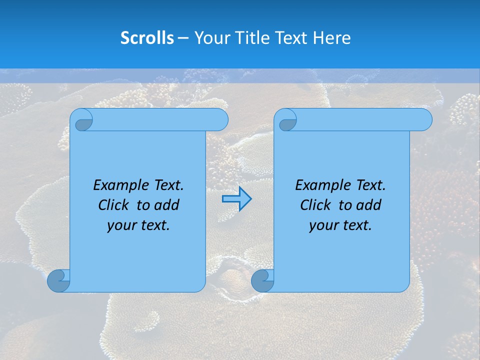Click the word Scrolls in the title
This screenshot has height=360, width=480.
[x=147, y=38]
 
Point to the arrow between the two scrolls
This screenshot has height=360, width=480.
[x=236, y=199]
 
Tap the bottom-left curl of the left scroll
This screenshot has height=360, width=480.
[x=59, y=280]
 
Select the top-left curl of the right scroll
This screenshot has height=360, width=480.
[x=287, y=120]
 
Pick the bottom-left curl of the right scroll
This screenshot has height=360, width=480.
[x=262, y=280]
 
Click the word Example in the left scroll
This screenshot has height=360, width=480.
[x=118, y=185]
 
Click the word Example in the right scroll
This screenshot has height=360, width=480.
[x=320, y=185]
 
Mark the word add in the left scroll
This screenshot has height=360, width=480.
[x=167, y=205]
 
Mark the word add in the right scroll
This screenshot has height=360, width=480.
[x=369, y=205]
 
